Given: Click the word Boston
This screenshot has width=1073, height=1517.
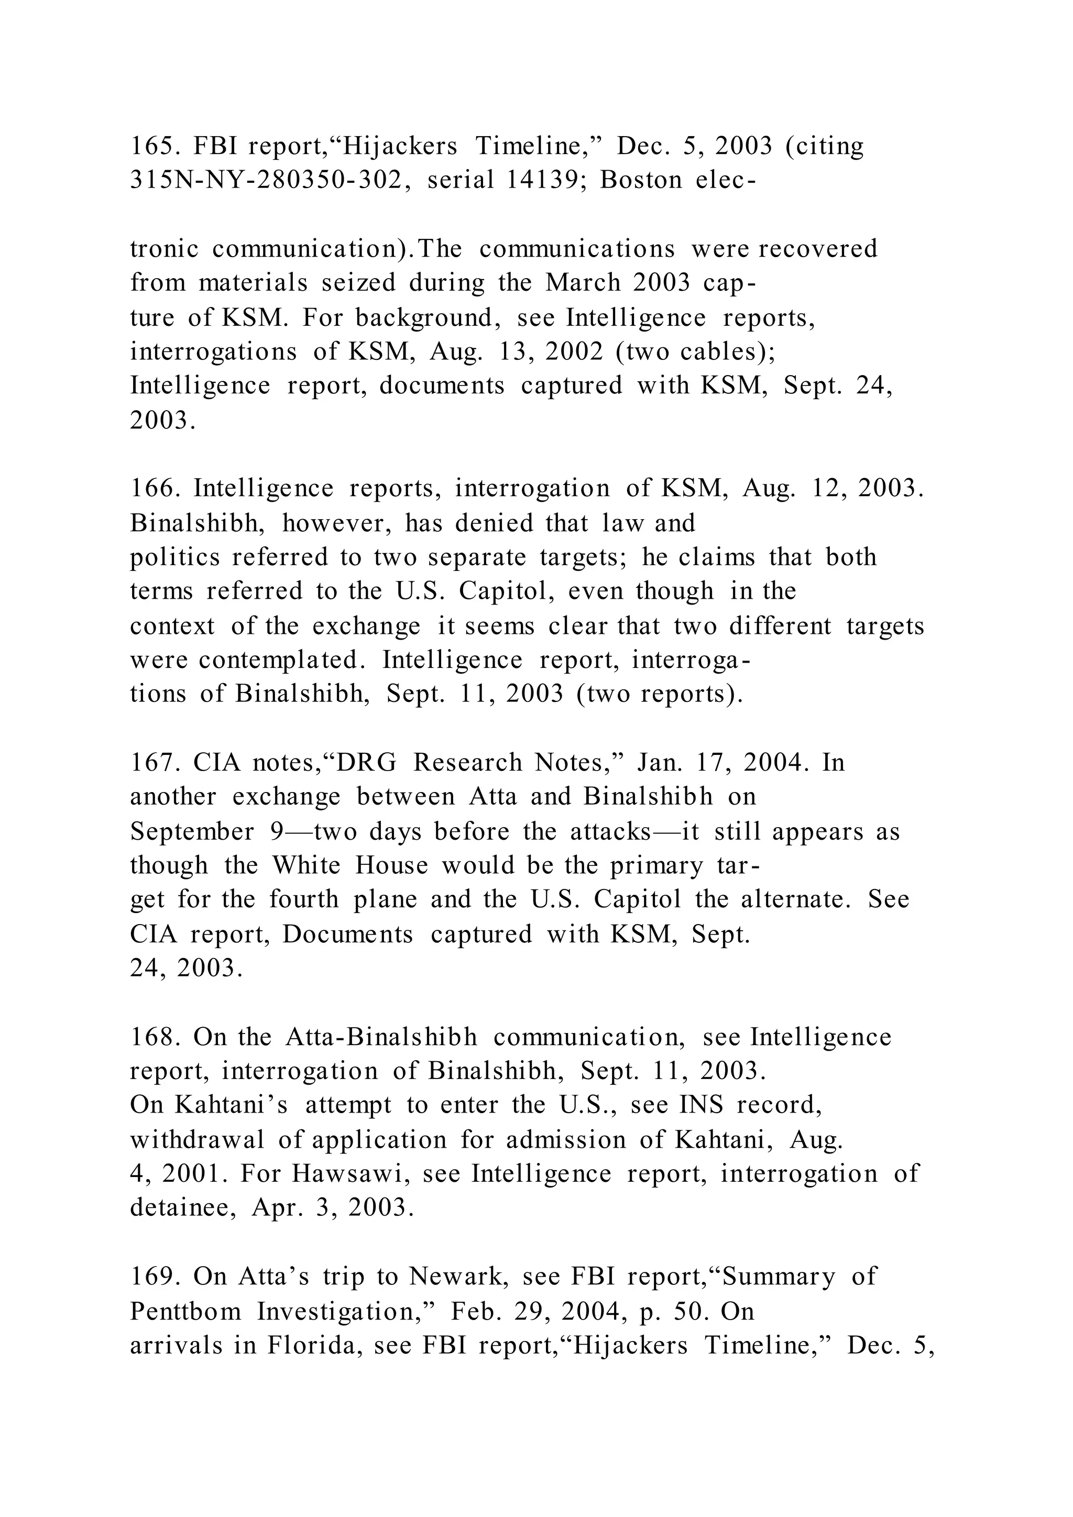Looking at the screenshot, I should [640, 180].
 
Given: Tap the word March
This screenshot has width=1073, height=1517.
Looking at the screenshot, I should [582, 283].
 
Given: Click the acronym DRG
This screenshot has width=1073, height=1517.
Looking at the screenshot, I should [367, 763].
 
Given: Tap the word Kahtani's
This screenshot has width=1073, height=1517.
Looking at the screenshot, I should [231, 1105].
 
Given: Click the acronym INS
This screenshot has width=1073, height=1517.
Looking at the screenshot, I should [701, 1105].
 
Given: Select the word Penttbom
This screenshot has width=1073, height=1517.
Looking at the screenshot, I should [185, 1310].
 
